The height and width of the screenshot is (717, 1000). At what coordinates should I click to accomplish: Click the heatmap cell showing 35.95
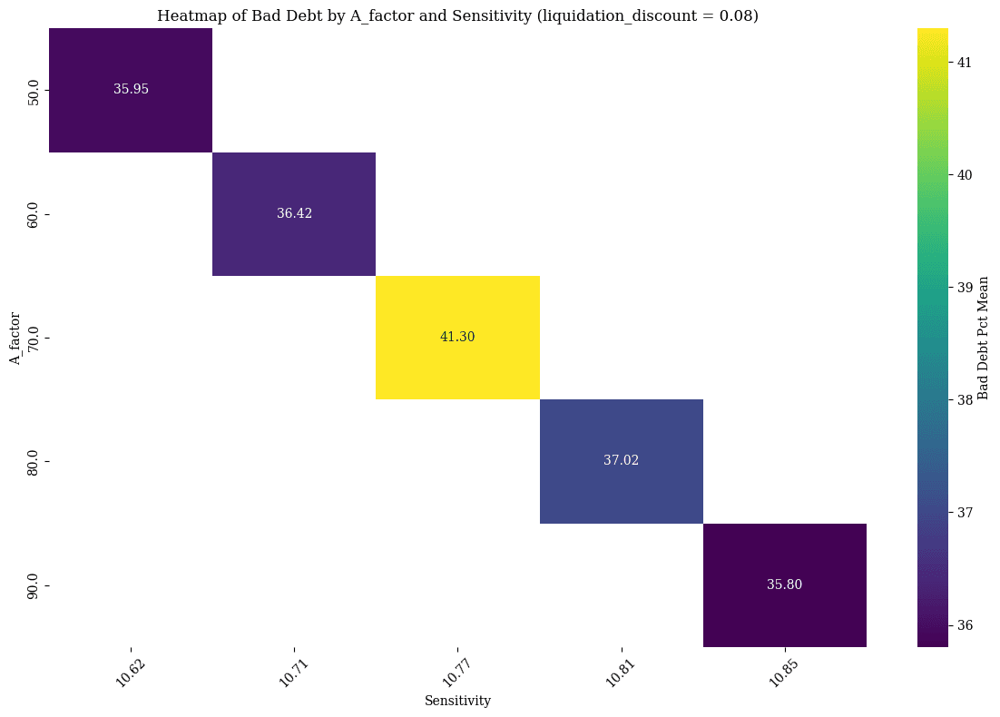[x=131, y=90]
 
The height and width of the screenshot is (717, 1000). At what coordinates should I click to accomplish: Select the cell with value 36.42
[x=294, y=214]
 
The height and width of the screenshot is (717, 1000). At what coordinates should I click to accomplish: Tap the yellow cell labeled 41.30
[x=457, y=337]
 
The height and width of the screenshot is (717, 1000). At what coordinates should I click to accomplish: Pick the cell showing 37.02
[x=621, y=461]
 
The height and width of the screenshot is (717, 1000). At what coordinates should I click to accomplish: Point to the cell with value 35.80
[x=784, y=584]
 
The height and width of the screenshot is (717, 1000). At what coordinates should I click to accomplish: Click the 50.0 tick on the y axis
[x=33, y=91]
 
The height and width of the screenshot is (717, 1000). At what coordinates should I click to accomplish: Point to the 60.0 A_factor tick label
[x=33, y=214]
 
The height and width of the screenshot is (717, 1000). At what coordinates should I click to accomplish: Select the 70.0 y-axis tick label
[x=33, y=338]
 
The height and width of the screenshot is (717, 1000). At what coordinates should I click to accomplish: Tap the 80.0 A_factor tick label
[x=33, y=461]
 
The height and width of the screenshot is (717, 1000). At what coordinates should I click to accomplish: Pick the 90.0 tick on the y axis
[x=33, y=585]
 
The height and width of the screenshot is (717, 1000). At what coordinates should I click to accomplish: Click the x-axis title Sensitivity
[x=457, y=701]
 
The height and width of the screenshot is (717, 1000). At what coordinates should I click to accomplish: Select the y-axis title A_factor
[x=15, y=338]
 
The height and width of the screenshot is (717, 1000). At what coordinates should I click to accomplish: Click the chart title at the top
[x=457, y=15]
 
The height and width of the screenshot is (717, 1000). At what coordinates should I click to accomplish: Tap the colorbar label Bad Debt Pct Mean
[x=983, y=338]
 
